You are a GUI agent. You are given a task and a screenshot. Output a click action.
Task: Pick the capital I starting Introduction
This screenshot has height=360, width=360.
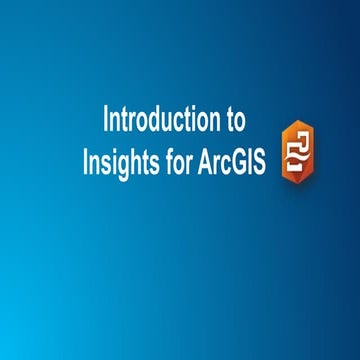click(x=107, y=120)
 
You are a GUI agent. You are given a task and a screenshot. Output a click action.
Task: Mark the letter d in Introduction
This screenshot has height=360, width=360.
click(x=156, y=120)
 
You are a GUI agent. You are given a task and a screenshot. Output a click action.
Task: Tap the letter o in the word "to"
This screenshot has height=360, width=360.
click(x=237, y=122)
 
